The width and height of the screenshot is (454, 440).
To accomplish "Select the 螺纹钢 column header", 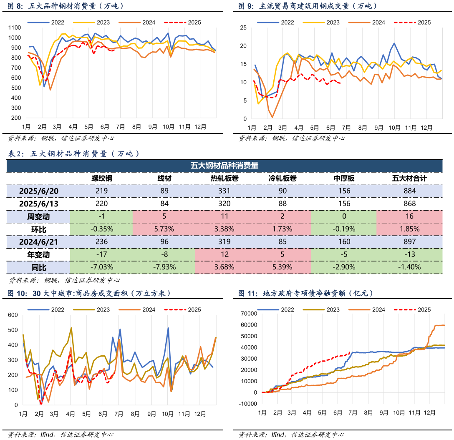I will (x=102, y=179).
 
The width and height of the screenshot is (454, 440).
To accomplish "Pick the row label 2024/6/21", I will (x=38, y=241).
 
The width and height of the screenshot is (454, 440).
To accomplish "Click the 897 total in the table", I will (x=410, y=241).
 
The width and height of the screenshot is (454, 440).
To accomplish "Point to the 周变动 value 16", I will (x=410, y=216).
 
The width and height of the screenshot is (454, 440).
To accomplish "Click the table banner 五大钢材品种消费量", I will (x=224, y=166).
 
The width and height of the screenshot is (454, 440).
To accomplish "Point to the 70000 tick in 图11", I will (x=249, y=313).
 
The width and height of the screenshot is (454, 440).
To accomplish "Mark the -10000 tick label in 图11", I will (x=248, y=404).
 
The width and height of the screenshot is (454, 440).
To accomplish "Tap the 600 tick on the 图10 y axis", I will (x=13, y=315).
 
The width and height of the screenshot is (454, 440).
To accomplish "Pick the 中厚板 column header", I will (x=344, y=179).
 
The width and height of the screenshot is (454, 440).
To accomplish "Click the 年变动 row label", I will (x=38, y=254).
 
